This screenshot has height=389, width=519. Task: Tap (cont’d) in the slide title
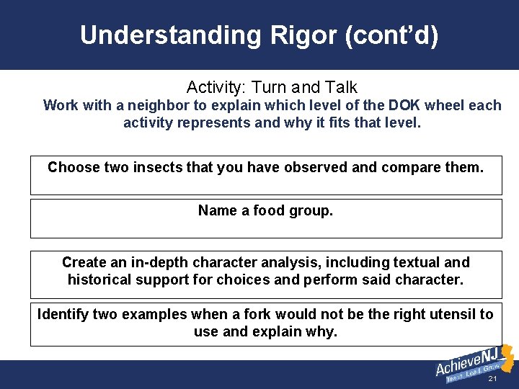coord(393,35)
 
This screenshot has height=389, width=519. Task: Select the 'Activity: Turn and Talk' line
coord(272,87)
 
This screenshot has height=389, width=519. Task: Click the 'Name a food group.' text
coord(265,211)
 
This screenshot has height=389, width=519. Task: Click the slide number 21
coord(492,379)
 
